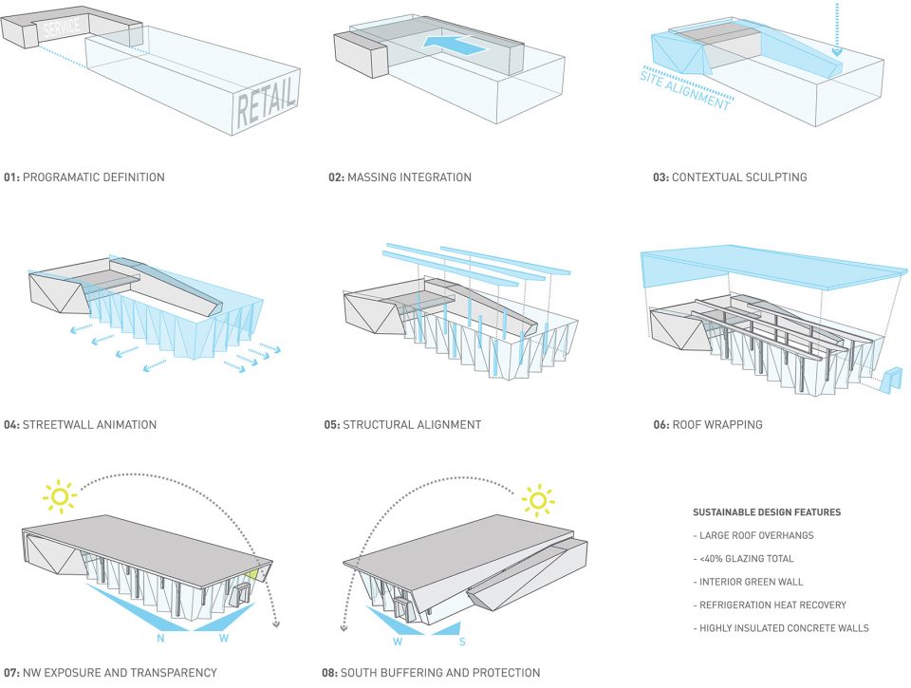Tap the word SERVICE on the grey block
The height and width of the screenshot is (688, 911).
click(61, 27)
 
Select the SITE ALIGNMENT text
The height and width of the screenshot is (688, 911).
click(685, 89)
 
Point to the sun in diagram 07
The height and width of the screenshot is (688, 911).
click(59, 496)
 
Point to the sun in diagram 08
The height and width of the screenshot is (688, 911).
click(537, 500)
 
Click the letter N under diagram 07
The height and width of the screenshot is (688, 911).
click(161, 638)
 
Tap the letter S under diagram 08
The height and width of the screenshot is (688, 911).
click(462, 642)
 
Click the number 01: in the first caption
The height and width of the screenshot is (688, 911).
click(11, 177)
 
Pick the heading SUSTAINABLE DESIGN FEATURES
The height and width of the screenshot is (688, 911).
click(767, 512)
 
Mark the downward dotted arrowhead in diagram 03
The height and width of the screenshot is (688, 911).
click(837, 51)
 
